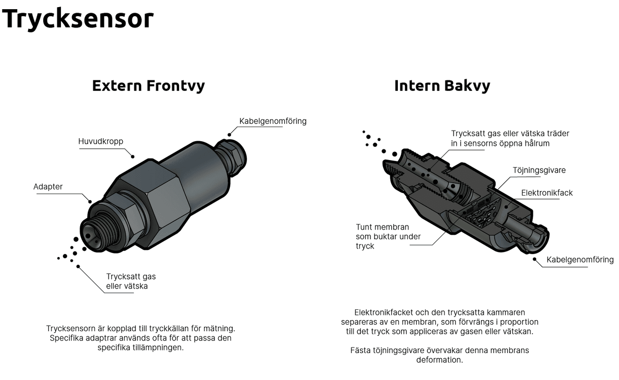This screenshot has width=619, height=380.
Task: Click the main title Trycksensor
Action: point(78,19)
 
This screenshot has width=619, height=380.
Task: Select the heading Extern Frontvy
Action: point(148,85)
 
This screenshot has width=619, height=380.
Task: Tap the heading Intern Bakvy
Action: point(442,85)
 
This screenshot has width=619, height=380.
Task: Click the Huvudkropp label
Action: point(100,141)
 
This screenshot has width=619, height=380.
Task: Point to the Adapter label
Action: point(48,186)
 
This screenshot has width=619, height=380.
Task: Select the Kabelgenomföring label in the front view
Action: point(272,121)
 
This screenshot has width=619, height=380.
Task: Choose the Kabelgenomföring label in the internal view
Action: point(579,260)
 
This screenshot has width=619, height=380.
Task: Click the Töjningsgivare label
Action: point(539,170)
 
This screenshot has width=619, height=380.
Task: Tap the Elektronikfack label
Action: point(546,193)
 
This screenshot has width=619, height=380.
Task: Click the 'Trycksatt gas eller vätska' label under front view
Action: point(131,281)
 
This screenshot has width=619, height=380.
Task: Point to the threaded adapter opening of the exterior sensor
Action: point(93,232)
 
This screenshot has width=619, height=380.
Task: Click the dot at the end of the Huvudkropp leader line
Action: point(133,156)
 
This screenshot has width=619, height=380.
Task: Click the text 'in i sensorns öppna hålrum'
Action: point(500,143)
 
